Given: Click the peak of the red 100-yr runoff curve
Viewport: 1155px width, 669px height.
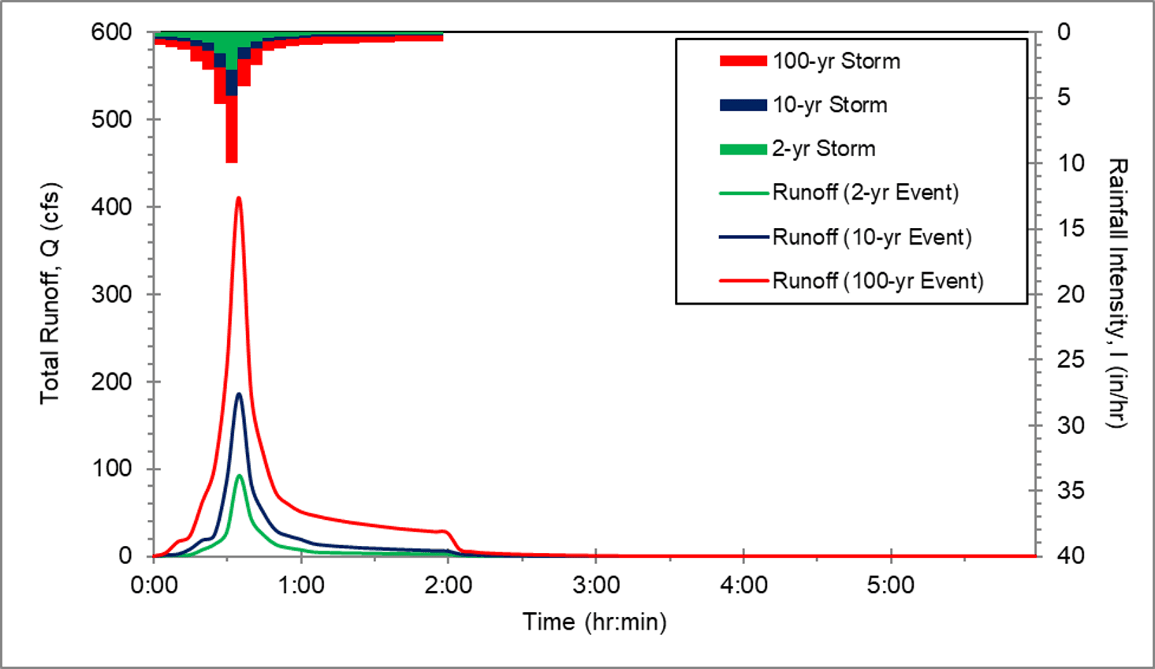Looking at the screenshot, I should coord(239,198).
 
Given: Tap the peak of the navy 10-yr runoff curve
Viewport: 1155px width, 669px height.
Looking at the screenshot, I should coord(239,394).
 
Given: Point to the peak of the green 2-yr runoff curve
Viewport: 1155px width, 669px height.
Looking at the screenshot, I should coord(239,475).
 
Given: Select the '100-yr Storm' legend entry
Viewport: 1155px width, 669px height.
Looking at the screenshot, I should coord(836,62).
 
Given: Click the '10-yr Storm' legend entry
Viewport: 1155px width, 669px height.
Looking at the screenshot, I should coord(829,105).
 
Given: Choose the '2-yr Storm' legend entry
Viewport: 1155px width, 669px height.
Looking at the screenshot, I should coord(823,149).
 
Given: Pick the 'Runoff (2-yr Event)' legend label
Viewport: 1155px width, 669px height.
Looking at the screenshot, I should coord(865,192).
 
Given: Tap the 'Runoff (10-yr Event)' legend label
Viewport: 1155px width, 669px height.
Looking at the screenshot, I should coord(871,237).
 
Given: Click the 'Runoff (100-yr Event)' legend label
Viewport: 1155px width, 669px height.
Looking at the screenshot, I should coord(877,281).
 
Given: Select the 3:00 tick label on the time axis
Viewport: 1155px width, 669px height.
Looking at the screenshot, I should coord(596,585).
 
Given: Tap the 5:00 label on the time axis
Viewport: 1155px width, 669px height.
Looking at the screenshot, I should coord(891,585).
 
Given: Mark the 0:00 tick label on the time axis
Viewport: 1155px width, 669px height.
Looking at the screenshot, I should coord(154,585).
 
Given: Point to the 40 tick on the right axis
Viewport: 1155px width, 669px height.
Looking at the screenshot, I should coord(1070,556).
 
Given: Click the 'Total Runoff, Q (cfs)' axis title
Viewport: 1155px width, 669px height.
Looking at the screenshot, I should coord(50,293).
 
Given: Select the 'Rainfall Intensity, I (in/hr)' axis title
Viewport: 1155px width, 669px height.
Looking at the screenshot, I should coord(1117,293).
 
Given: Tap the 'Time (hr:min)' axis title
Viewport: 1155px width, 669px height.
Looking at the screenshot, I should coord(594,622).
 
